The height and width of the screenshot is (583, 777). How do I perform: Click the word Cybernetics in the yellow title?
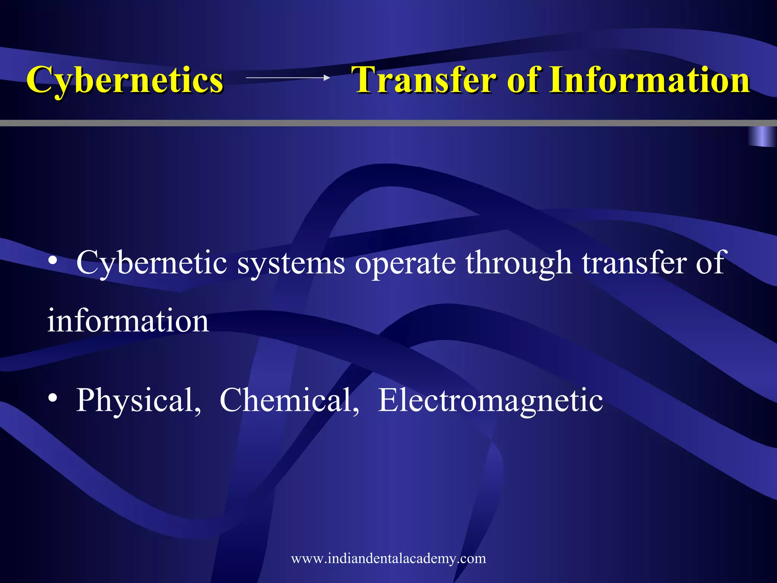(x=125, y=80)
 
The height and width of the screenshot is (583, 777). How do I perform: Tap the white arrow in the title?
(x=288, y=78)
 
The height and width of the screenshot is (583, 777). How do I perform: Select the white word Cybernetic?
(x=152, y=263)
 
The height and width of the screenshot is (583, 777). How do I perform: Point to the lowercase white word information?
(x=128, y=321)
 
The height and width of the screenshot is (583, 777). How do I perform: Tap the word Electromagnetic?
(x=490, y=401)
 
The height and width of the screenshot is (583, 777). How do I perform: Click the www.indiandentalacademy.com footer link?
(x=388, y=558)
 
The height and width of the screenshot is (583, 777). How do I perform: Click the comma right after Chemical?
(x=356, y=410)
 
